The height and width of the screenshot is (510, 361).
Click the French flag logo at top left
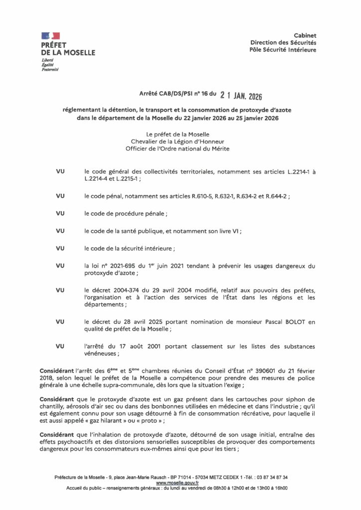50,35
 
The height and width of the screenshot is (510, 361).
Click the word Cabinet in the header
305,35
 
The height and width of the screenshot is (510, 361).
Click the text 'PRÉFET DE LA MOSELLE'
68,48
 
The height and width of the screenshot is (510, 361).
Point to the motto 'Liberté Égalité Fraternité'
50,65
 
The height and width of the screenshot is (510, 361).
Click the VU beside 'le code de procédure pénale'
61,214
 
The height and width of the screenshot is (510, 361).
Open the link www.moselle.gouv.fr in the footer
178,483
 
